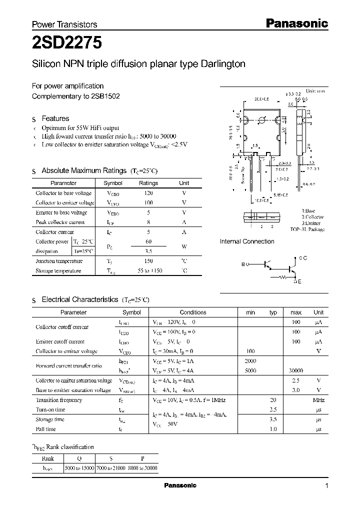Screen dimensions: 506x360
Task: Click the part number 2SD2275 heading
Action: pos(67,43)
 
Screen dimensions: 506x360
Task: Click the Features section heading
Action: pos(55,118)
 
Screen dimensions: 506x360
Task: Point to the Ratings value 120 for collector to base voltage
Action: pos(148,193)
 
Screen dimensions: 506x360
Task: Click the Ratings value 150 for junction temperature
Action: pos(148,261)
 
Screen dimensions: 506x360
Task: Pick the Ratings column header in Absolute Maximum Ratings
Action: pos(148,183)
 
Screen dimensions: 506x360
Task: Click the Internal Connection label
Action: pos(247,241)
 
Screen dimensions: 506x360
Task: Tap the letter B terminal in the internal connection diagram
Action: pos(243,264)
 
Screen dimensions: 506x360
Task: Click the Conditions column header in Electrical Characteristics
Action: pos(192,312)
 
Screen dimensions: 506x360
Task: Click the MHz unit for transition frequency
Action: pos(318,400)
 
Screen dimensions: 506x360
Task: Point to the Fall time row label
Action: pos(46,429)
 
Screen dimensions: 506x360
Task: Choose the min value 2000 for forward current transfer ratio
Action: pos(250,361)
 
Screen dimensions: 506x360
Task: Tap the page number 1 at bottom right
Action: pos(326,486)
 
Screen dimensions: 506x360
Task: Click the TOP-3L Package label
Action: pos(307,229)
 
